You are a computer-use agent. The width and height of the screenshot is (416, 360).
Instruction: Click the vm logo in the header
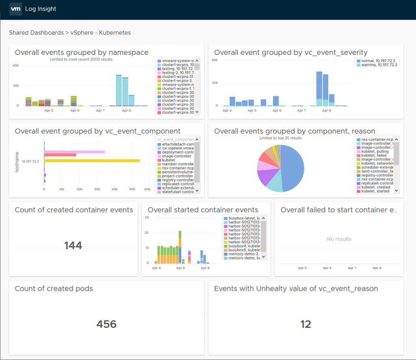[x=15, y=9]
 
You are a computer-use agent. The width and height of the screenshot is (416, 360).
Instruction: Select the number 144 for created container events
[x=73, y=245]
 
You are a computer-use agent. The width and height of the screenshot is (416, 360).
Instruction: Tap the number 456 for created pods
[x=106, y=324]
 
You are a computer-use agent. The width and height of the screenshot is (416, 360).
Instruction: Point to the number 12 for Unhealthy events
[x=305, y=324]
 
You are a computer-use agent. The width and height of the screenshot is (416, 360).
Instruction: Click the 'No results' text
[x=339, y=239]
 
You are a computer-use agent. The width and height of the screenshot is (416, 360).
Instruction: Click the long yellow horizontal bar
[x=92, y=160]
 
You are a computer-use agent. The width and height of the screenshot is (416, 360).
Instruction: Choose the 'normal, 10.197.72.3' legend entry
[x=376, y=60]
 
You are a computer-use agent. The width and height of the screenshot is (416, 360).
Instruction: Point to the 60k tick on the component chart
[x=150, y=189]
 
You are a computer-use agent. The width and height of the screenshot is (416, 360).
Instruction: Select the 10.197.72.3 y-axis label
[x=30, y=161]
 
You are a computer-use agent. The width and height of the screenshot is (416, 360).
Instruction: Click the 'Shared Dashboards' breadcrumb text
[x=36, y=33]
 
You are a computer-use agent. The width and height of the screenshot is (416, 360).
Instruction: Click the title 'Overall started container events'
[x=203, y=210]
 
